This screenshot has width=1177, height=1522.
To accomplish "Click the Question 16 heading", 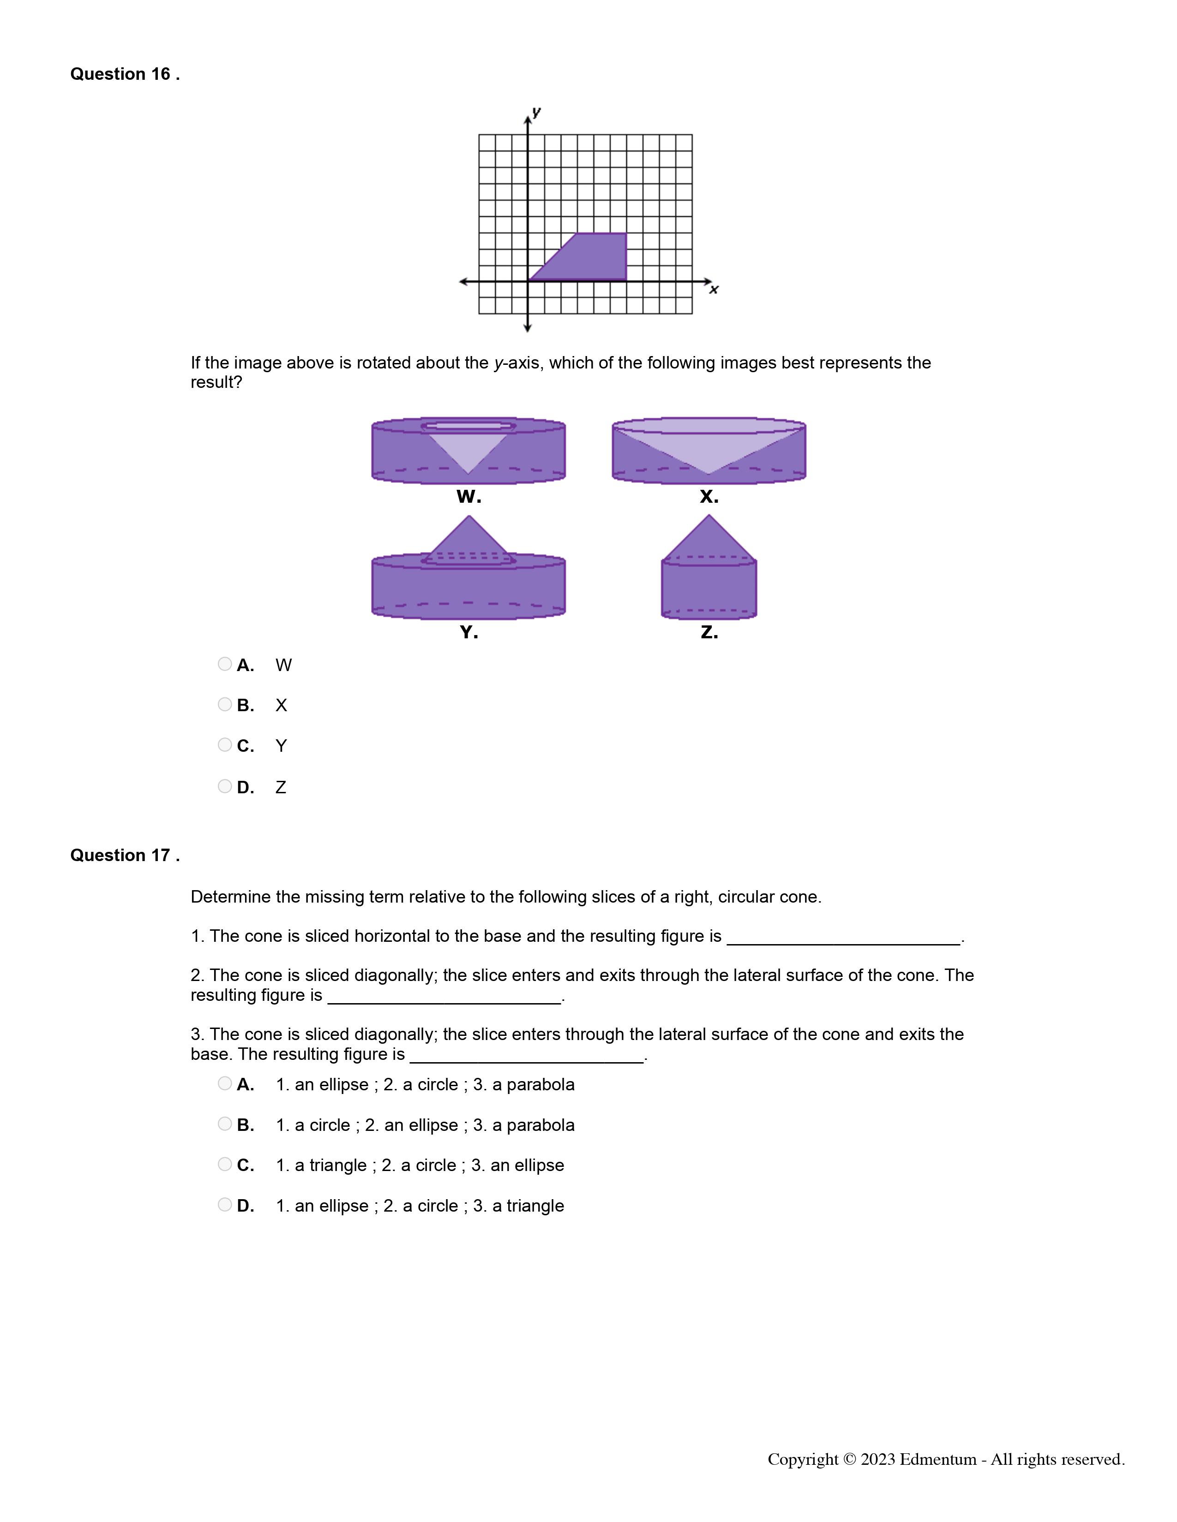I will (125, 74).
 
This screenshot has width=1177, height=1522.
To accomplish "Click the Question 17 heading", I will (125, 855).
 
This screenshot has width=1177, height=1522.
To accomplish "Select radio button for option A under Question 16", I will (224, 664).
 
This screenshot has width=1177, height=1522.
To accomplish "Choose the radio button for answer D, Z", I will (224, 786).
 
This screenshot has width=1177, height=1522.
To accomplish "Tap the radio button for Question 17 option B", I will (224, 1124).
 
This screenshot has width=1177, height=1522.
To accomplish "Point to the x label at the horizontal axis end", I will (713, 289).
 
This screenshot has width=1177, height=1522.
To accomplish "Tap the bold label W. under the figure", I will (468, 497).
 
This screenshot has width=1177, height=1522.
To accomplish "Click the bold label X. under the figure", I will (709, 497).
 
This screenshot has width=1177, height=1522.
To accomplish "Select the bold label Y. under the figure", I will (468, 633).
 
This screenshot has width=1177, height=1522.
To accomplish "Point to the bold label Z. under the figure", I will (709, 633).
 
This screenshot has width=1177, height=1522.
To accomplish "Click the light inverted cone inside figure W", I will (468, 450).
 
